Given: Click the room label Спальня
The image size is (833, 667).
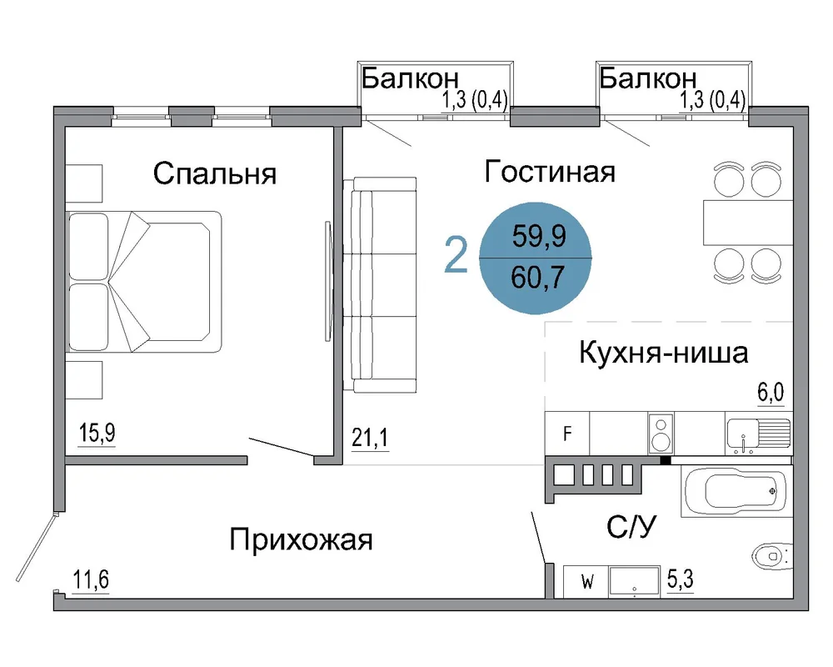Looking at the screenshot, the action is (x=215, y=173).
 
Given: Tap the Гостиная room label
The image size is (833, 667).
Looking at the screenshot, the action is (x=550, y=171).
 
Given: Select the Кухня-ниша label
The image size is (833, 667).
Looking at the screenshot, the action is (x=664, y=352).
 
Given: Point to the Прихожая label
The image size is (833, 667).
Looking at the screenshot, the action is (x=302, y=539).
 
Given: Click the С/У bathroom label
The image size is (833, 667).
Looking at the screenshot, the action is (x=631, y=527).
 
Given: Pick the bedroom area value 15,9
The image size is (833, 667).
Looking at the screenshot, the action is (x=97, y=433).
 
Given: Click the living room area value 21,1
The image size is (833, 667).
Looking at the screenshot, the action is (x=370, y=438).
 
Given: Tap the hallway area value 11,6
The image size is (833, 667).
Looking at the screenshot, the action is (x=91, y=579).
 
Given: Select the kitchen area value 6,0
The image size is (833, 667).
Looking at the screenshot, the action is (x=771, y=393).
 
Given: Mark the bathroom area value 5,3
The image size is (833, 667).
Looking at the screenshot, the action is (x=681, y=579).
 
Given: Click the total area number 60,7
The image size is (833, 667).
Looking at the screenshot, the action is (x=537, y=277).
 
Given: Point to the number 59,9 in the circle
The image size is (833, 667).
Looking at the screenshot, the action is (x=539, y=236).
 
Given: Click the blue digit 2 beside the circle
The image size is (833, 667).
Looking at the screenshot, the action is (x=456, y=255).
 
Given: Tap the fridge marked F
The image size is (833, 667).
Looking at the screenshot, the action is (x=566, y=434).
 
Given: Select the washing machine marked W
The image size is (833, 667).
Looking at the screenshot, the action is (x=586, y=581).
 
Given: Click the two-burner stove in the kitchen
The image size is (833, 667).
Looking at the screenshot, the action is (x=661, y=434).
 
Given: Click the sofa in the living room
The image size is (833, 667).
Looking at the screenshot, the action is (x=379, y=285).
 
